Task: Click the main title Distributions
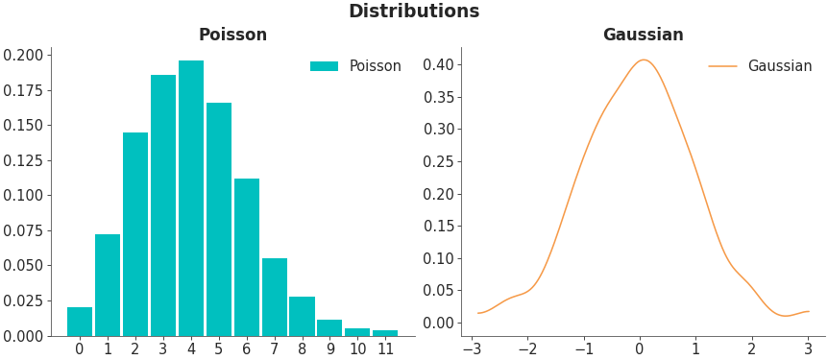[x=413, y=12]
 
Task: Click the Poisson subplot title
[x=232, y=36]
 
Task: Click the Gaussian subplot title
[x=643, y=36]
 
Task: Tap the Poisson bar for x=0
[x=80, y=322]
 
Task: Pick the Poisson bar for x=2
[x=135, y=234]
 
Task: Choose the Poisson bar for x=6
[x=247, y=257]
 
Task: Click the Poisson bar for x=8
[x=302, y=316]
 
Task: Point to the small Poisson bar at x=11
[x=385, y=333]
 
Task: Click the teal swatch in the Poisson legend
[x=324, y=66]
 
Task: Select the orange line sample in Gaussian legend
[x=722, y=66]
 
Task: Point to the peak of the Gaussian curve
[x=643, y=60]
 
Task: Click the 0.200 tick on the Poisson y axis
[x=23, y=55]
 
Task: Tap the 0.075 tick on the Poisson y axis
[x=23, y=230]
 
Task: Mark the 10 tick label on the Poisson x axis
[x=357, y=349]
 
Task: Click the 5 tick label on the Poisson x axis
[x=219, y=349]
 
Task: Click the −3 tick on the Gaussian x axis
[x=472, y=349]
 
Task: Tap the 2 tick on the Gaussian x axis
[x=751, y=349]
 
